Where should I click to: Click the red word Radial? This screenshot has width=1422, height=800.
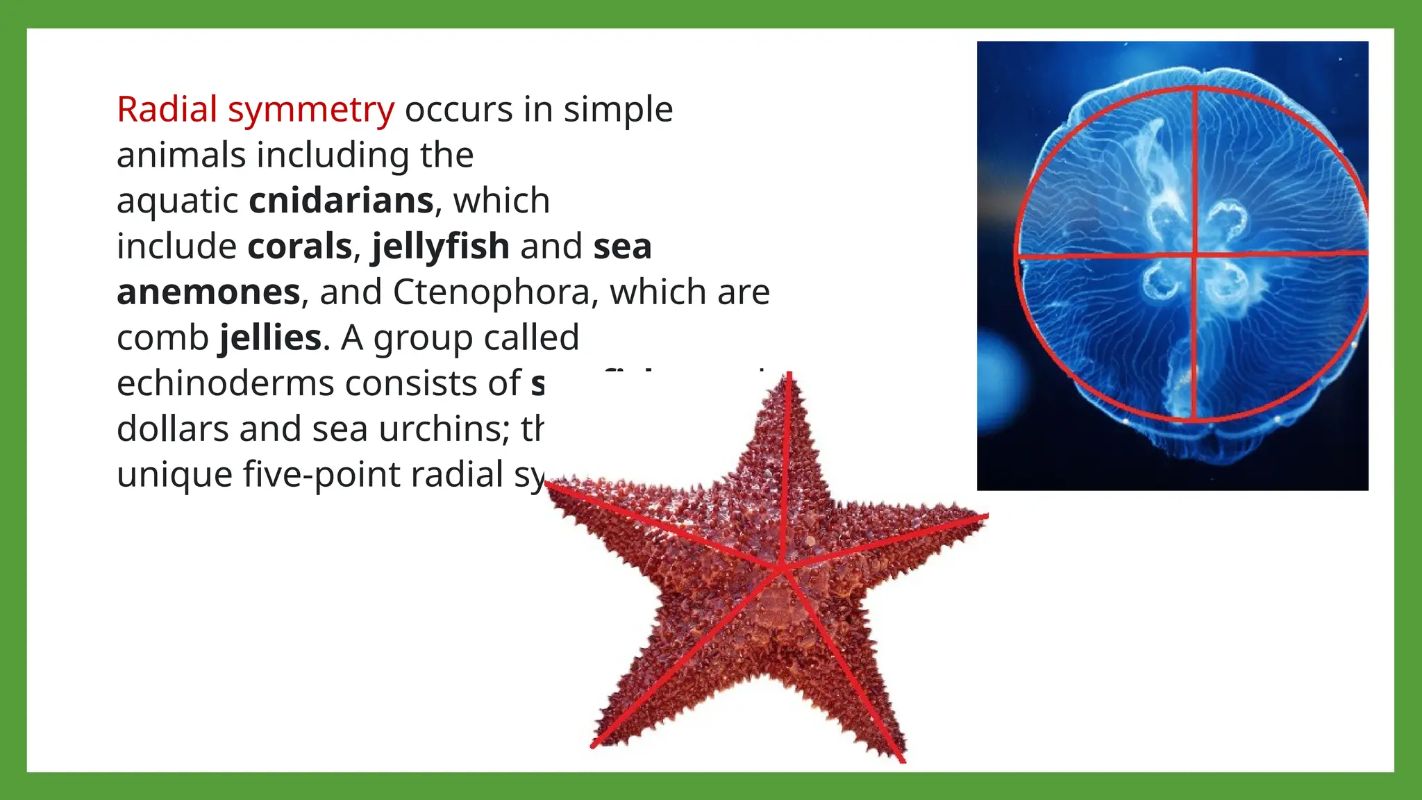167,109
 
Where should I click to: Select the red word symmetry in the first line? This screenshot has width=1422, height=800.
311,110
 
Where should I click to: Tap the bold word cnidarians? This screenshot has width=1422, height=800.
342,201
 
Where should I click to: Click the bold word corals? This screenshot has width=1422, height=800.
300,247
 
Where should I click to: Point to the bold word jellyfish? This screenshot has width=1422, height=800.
441,247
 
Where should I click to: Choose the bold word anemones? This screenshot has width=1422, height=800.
208,292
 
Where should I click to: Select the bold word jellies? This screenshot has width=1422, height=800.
271,338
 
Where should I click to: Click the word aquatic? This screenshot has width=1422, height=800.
178,201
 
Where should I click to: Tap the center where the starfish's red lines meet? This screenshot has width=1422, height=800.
781,568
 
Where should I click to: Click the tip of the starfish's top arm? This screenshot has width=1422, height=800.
789,376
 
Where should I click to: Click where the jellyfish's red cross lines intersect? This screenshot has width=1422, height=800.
1194,256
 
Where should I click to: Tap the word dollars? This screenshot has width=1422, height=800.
172,429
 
